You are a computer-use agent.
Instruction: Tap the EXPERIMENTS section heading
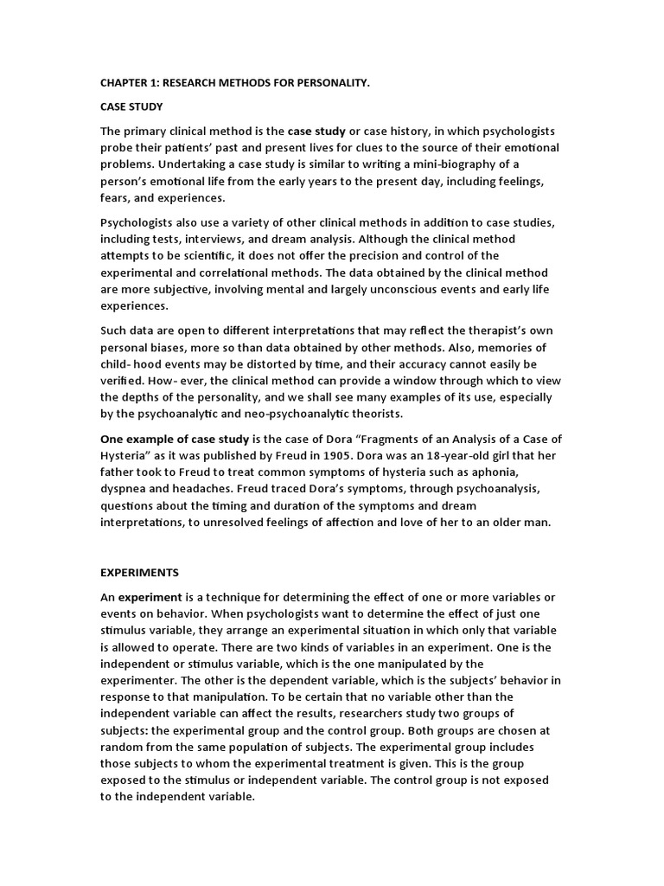coord(139,573)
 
